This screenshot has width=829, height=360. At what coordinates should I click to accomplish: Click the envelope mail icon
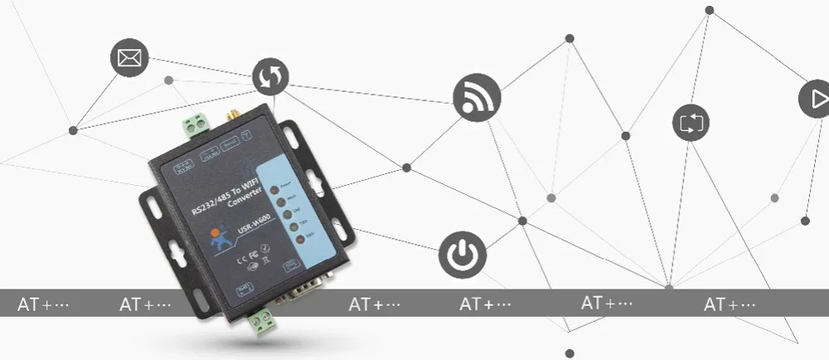tap(128, 58)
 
